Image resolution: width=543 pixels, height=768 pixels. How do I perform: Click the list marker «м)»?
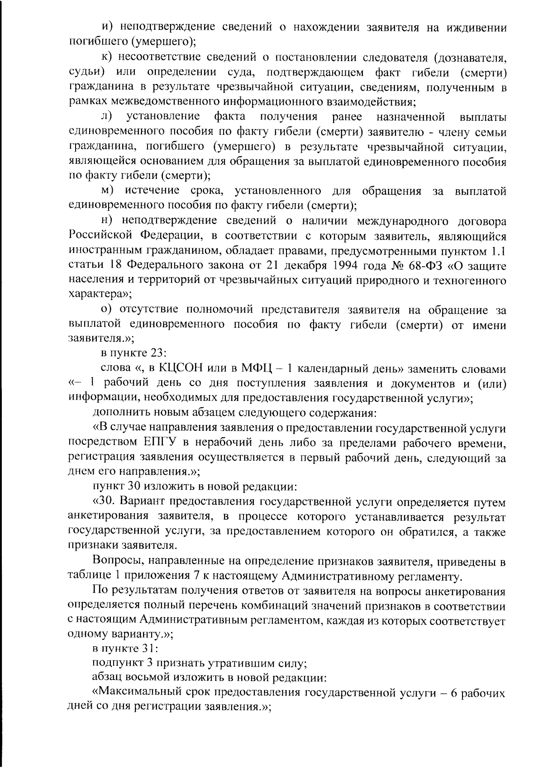click(108, 191)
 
